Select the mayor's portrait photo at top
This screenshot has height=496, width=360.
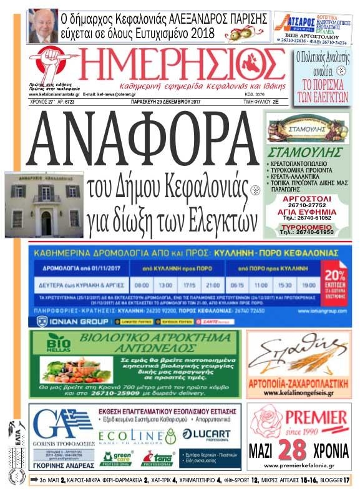pos(43,23)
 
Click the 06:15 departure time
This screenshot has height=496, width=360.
pos(236,283)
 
